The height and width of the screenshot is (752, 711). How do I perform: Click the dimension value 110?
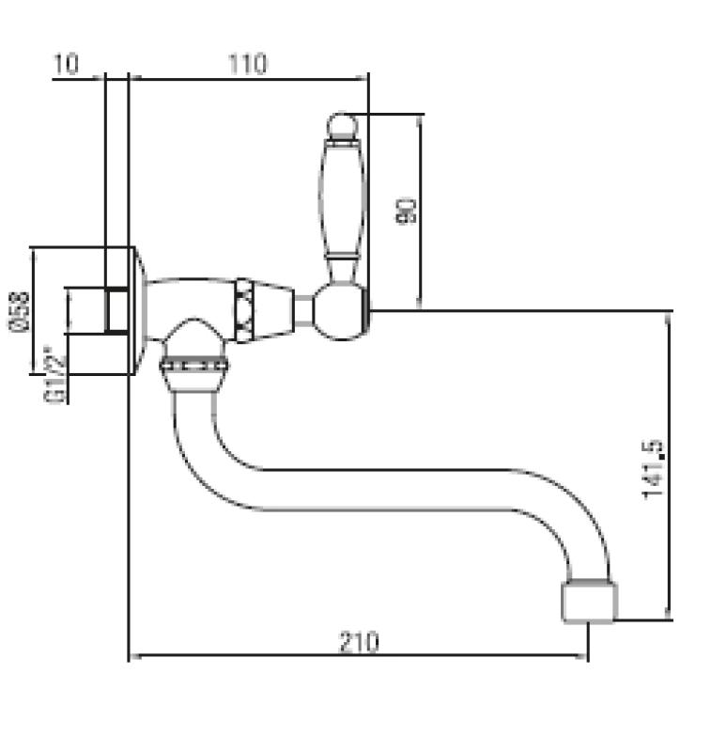point(247,64)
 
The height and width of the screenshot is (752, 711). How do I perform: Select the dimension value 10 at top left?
point(66,64)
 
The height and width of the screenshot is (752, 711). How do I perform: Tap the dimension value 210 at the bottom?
point(358,642)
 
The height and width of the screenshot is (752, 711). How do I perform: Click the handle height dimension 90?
point(406,211)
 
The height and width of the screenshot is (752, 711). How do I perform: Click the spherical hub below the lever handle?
point(340,311)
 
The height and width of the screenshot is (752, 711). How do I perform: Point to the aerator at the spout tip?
point(589,601)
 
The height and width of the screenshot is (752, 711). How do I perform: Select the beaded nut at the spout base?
point(194,368)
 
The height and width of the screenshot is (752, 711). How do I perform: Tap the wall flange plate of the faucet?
point(135,310)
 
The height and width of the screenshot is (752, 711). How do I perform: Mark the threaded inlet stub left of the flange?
point(116,310)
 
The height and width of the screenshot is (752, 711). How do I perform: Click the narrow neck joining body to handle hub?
point(303,310)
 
